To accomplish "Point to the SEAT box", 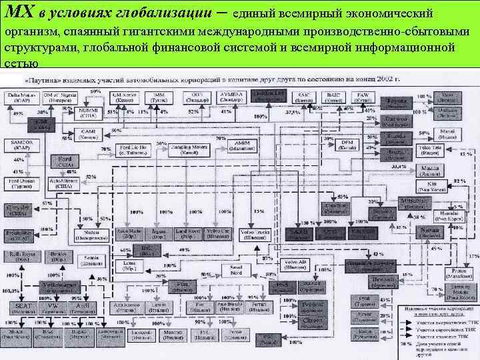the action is coord(23,307).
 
